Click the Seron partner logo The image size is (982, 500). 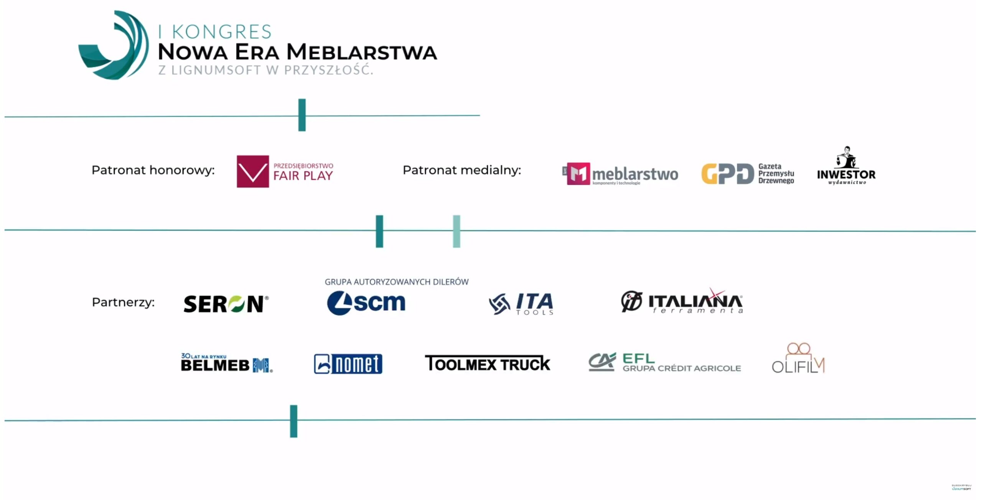pos(226,304)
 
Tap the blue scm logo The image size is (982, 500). pos(366,303)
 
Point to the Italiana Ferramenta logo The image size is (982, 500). pos(682,301)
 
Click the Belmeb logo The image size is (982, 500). pos(226,363)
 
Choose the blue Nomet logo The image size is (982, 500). pos(348,363)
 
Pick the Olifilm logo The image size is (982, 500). pos(798,359)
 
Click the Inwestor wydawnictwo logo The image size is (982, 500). pos(846,166)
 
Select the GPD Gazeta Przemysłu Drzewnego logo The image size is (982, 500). pos(748,174)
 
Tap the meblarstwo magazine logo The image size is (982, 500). pos(620,174)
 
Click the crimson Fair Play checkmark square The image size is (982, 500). pos(252,171)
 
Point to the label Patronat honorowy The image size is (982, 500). pos(153,170)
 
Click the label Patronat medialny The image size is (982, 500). pos(462,170)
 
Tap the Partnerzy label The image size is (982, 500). pos(123,302)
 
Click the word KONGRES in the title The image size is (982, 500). pos(222,32)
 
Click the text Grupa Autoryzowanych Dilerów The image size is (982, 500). pos(396,282)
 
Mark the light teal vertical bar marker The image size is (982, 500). pos(456,231)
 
